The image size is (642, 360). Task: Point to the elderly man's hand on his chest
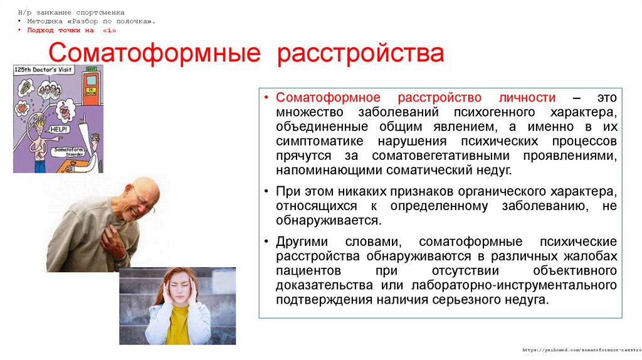click(115, 236)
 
